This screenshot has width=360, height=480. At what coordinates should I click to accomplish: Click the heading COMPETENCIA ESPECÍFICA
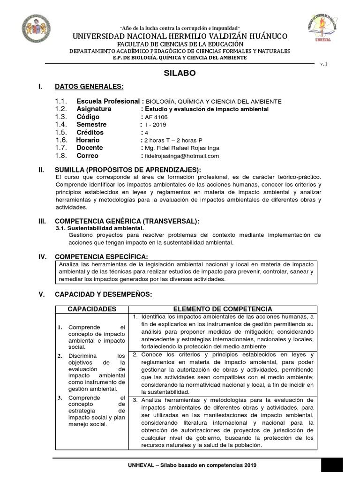click(101, 256)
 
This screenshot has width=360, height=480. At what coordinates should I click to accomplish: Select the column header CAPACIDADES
click(92, 309)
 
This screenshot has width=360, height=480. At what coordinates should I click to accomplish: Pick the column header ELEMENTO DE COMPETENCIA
click(223, 309)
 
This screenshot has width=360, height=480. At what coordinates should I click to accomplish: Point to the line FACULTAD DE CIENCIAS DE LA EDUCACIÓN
click(180, 44)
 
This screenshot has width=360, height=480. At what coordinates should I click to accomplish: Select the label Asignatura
click(94, 109)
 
